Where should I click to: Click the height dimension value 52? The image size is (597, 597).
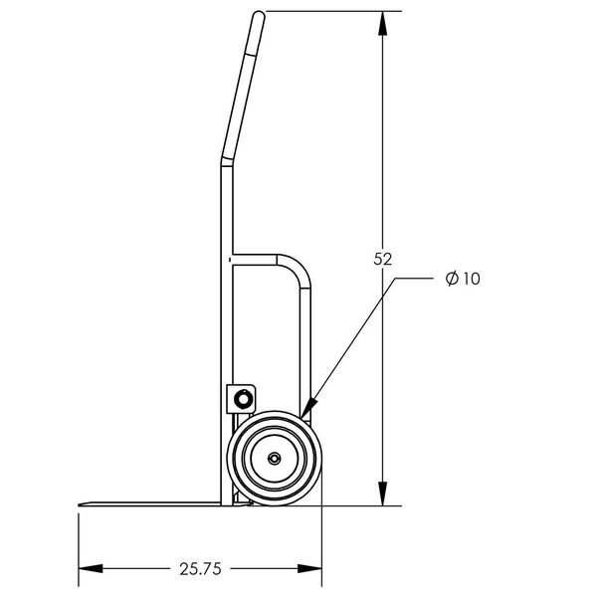382,259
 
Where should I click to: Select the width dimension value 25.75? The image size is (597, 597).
199,569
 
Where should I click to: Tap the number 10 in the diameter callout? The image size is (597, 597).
471,280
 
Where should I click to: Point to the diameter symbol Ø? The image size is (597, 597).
452,280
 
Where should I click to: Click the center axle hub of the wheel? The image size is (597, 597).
273,460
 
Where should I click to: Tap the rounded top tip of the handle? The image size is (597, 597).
259,15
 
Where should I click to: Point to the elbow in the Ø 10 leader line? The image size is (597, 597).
395,280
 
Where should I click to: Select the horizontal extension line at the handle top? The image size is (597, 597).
328,11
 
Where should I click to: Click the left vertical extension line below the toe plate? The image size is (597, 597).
79,542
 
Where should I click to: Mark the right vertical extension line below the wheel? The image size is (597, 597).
322,542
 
